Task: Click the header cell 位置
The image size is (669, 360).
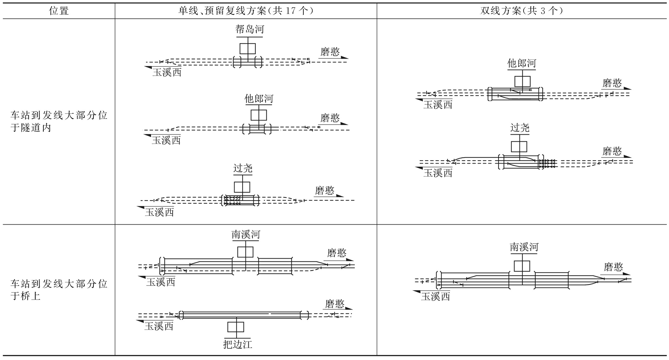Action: [x=59, y=11]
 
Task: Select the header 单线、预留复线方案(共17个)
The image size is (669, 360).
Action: [x=246, y=11]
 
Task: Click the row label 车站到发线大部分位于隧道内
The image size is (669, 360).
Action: [x=59, y=121]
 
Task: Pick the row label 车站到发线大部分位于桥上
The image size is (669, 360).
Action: [x=59, y=290]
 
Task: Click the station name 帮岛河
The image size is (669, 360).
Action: [x=250, y=29]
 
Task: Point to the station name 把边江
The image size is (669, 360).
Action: [x=238, y=344]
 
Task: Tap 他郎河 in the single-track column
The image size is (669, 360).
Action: [x=258, y=99]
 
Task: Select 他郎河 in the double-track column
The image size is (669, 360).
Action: [x=522, y=63]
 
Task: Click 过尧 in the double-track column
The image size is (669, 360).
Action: [x=520, y=128]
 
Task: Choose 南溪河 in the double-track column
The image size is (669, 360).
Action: [x=524, y=247]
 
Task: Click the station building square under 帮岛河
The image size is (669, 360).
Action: [x=248, y=48]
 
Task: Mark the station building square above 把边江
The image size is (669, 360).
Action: [x=236, y=327]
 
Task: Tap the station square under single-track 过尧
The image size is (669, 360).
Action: [x=242, y=187]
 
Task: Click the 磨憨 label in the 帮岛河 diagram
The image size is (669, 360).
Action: [x=330, y=52]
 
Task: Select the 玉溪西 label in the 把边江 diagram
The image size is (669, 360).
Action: [x=159, y=326]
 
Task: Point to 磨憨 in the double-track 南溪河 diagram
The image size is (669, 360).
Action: [x=613, y=267]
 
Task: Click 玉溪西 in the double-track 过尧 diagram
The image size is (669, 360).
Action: [x=438, y=173]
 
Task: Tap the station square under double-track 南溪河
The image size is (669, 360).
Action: [x=522, y=266]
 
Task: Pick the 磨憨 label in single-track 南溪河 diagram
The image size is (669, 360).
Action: [x=337, y=253]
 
